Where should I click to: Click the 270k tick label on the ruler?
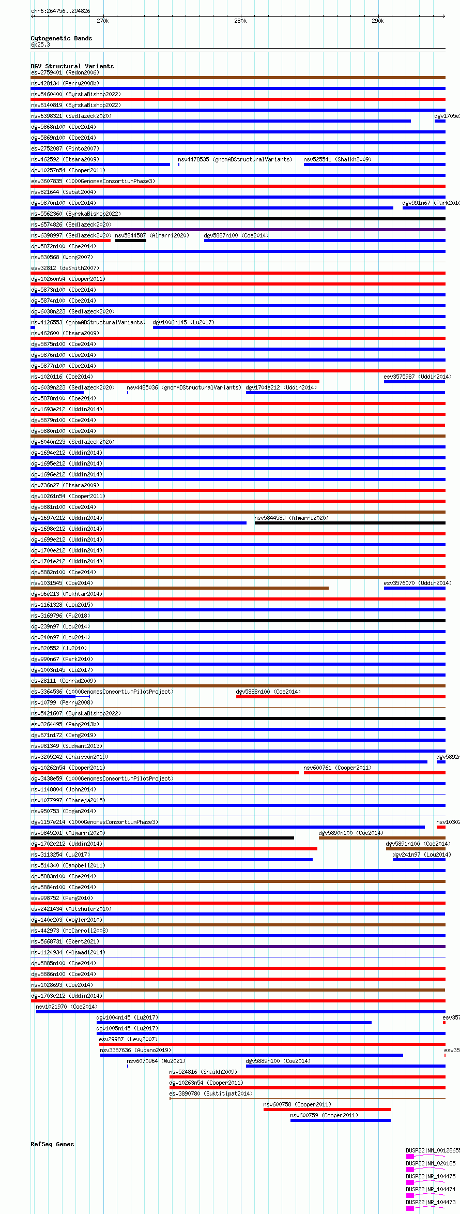[x=103, y=21]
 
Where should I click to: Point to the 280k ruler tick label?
[x=240, y=21]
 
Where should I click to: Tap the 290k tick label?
[x=378, y=21]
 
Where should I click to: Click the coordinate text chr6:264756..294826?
[x=60, y=11]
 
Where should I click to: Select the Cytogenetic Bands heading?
[x=62, y=38]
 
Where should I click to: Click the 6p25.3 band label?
[x=40, y=44]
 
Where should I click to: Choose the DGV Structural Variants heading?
[x=72, y=66]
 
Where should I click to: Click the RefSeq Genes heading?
[x=52, y=1144]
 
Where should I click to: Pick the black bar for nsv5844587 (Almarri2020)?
[x=130, y=241]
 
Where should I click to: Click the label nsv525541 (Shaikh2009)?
[x=337, y=159]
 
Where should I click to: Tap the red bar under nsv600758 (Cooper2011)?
[x=327, y=1110]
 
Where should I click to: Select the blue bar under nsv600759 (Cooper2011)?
[x=340, y=1120]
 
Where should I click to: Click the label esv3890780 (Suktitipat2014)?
[x=211, y=1093]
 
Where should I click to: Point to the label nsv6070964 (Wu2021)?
[x=156, y=1061]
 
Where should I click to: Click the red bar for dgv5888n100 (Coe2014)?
[x=340, y=697]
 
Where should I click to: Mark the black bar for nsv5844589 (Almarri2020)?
[x=349, y=523]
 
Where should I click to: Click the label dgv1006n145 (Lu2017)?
[x=183, y=322]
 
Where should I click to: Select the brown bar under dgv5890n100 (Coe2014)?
[x=381, y=838]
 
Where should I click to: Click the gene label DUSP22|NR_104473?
[x=431, y=1202]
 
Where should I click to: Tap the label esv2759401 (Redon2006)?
[x=65, y=72]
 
